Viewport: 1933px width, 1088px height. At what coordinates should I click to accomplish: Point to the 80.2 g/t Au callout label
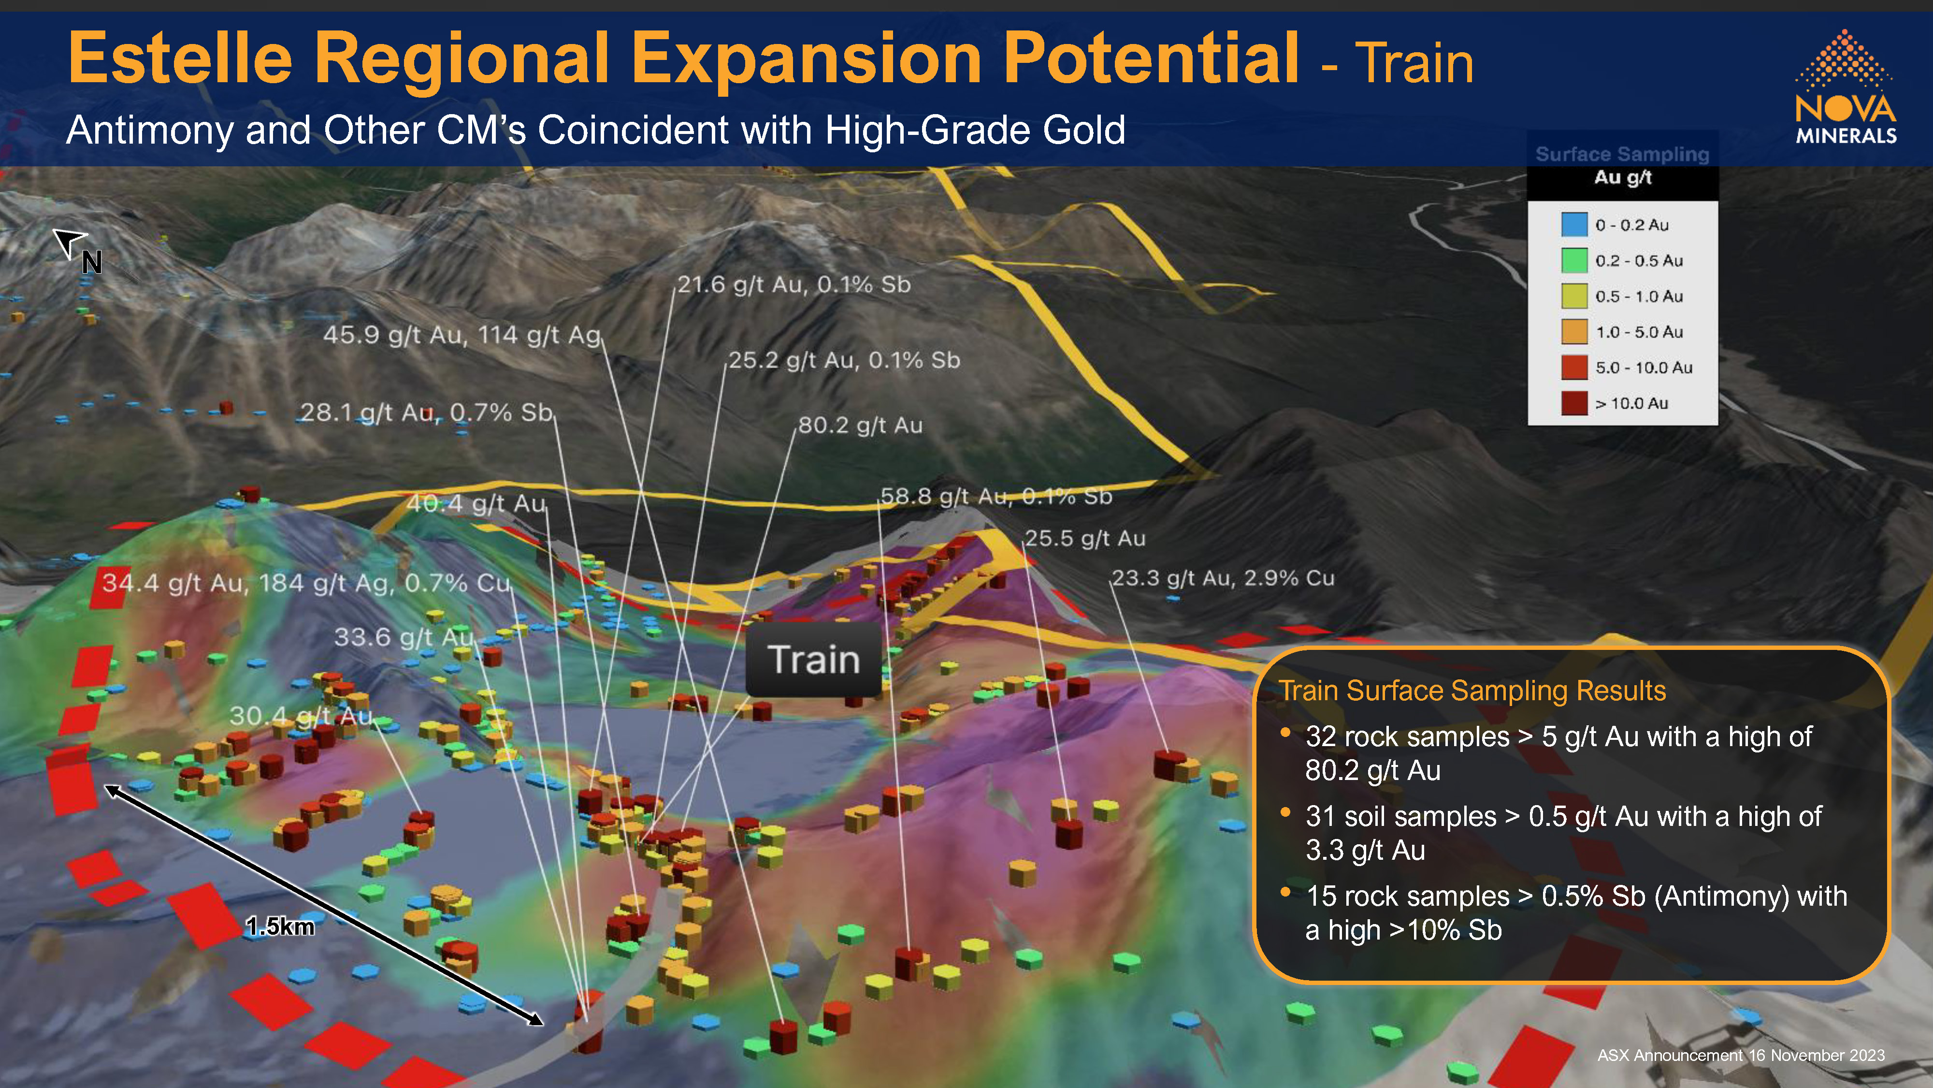tap(860, 426)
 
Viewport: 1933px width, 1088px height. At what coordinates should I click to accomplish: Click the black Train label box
tap(813, 659)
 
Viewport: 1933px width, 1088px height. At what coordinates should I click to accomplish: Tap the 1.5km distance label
tap(280, 926)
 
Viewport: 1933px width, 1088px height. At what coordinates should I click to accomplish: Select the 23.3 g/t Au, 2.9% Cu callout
tap(1223, 578)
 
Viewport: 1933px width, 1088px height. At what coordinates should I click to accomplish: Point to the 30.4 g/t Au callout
tap(302, 716)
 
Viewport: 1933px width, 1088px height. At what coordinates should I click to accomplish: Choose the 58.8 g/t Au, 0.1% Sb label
tap(996, 496)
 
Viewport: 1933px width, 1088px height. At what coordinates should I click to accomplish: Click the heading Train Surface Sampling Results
tap(1472, 690)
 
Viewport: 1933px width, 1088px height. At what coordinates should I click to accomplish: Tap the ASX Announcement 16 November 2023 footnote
tap(1741, 1055)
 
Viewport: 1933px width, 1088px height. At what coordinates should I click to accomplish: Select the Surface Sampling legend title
tap(1622, 154)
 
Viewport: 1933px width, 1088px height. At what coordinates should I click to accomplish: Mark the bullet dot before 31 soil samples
tap(1285, 812)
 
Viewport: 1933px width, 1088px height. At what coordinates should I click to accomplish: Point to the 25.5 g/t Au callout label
tap(1085, 538)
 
